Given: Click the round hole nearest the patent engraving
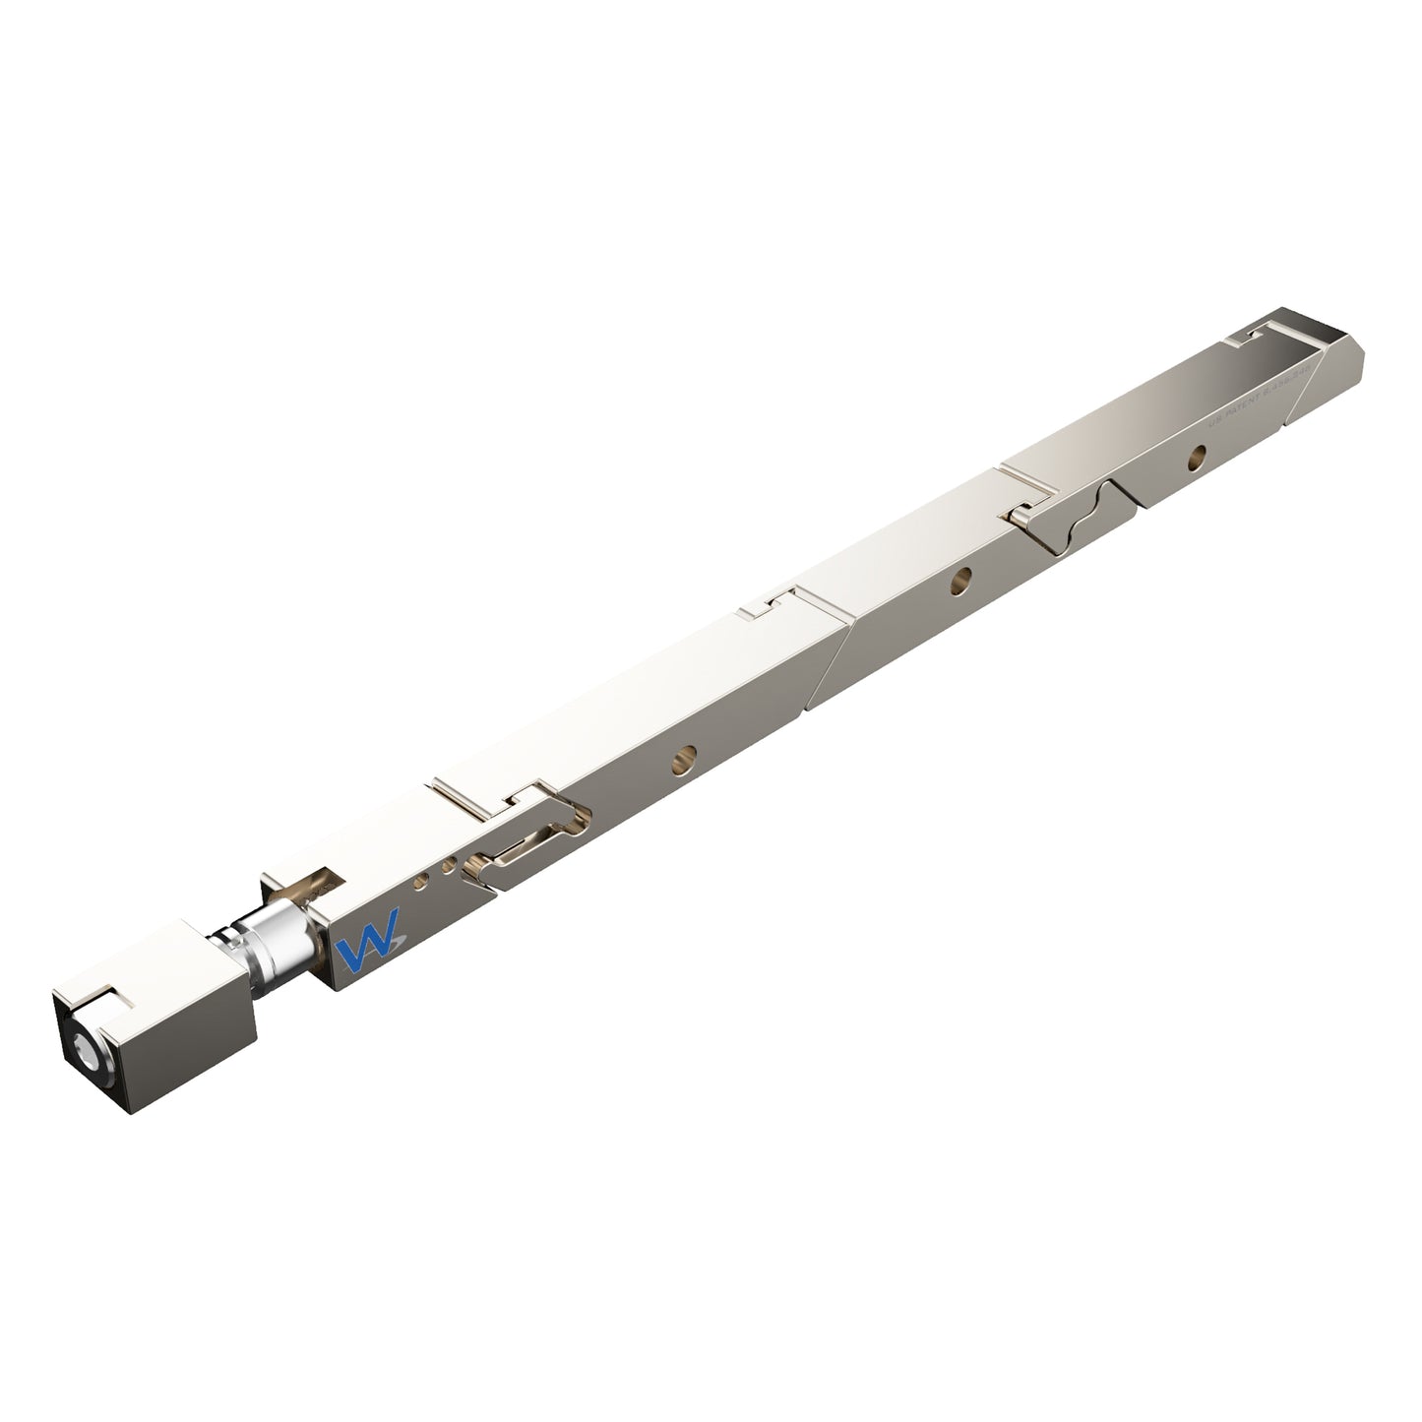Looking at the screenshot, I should (1197, 455).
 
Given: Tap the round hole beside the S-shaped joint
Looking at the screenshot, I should (958, 581).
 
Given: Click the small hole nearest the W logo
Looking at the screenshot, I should (420, 882).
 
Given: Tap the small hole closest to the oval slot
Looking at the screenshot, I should (448, 867).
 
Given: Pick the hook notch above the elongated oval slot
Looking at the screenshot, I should (526, 795).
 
